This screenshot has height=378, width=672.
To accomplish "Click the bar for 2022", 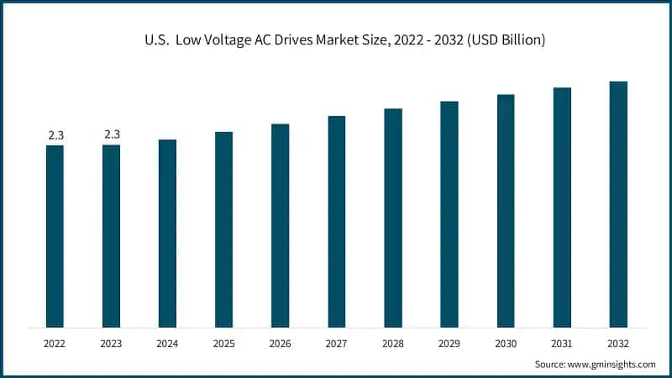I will [55, 236].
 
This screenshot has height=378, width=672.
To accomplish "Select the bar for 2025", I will [223, 229].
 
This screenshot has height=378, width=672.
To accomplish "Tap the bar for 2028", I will [393, 218].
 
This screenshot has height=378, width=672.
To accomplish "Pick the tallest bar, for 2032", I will [618, 204].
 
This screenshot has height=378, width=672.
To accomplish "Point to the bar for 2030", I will [506, 211].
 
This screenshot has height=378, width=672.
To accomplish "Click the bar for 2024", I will [167, 233].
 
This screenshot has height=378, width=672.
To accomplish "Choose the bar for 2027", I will [337, 222].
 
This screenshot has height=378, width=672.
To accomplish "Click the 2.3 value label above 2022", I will [55, 134].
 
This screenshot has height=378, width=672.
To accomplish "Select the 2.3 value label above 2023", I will [112, 134].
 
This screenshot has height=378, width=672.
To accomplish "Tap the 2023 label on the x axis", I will [112, 344].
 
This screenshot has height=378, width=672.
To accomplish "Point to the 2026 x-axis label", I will [281, 344].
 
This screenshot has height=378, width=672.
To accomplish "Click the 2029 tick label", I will [449, 344].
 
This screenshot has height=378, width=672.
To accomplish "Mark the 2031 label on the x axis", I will [562, 344].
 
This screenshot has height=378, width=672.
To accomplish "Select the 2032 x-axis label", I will [618, 344].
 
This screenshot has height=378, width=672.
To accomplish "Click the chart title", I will [336, 40].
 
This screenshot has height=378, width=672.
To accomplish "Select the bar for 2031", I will [562, 207].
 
